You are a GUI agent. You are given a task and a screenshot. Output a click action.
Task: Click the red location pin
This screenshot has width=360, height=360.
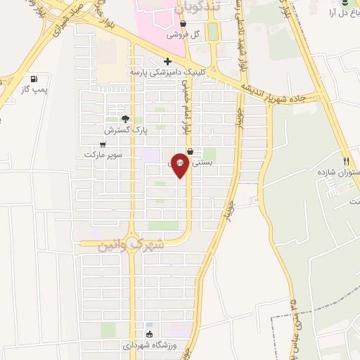pyautogui.click(x=179, y=165)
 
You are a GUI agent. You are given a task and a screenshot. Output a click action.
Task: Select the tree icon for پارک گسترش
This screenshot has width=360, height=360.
pyautogui.click(x=125, y=120)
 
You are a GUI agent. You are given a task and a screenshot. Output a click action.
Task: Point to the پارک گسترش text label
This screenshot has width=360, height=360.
pyautogui.click(x=124, y=131)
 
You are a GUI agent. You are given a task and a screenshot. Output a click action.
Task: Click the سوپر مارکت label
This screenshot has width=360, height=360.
pyautogui.click(x=103, y=154)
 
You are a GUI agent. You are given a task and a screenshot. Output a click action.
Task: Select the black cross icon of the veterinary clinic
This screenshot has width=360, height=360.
pyautogui.click(x=167, y=60)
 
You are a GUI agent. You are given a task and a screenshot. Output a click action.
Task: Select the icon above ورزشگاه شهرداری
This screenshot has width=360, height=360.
pyautogui.click(x=148, y=334)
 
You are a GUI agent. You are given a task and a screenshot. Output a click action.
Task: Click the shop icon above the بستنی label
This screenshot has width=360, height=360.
pyautogui.click(x=190, y=150)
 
